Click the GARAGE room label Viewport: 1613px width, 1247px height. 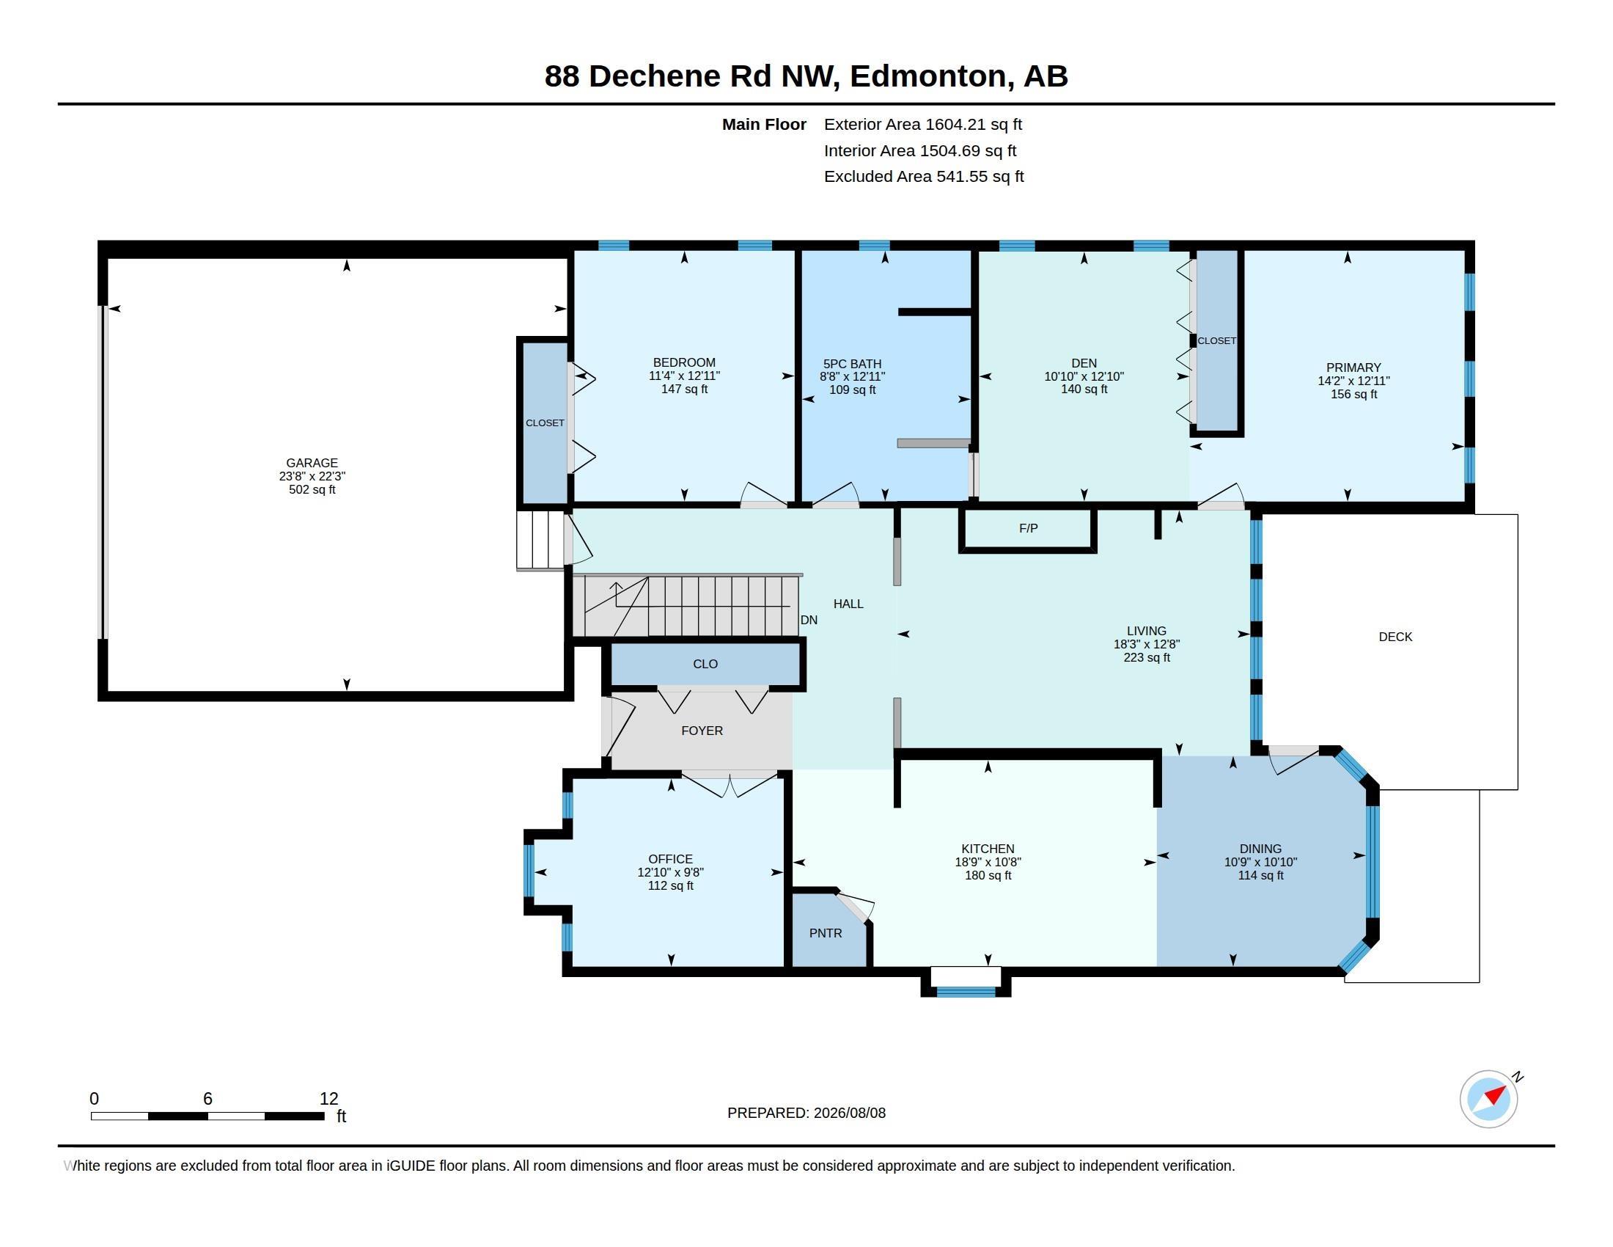tap(312, 463)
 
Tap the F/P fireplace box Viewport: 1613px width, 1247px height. tap(1027, 529)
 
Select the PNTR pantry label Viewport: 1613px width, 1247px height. tap(825, 933)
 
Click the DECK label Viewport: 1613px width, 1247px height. tap(1395, 637)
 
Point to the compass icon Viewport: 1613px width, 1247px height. tap(1489, 1099)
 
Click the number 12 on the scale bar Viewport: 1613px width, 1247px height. tap(328, 1099)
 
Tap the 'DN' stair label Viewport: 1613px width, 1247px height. tap(809, 620)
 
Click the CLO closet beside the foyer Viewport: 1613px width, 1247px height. tap(705, 664)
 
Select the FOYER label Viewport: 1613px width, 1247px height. tap(702, 731)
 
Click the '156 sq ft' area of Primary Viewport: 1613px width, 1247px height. tap(1353, 395)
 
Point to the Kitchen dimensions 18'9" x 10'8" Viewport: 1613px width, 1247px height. tap(988, 862)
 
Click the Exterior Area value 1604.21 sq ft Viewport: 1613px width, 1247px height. tap(974, 124)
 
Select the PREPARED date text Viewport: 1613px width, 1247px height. tap(806, 1113)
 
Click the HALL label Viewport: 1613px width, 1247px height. tap(848, 604)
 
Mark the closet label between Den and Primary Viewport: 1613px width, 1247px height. tap(1216, 340)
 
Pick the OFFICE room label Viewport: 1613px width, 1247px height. tap(670, 859)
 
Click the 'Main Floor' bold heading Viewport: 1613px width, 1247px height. tap(764, 124)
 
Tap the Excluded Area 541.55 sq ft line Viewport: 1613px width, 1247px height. tap(924, 177)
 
